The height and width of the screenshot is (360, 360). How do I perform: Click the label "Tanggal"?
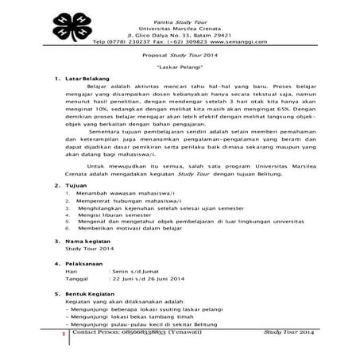(78, 301)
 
